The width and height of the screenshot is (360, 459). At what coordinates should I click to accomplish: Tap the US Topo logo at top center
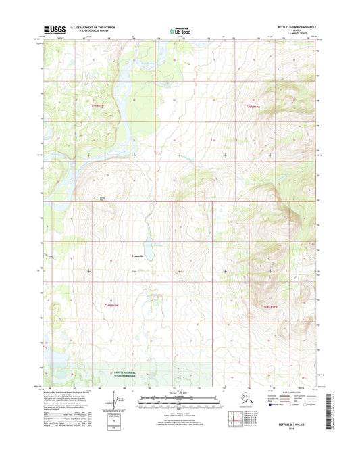(179, 30)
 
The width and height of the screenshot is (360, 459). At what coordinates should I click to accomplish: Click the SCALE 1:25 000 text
(179, 393)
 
